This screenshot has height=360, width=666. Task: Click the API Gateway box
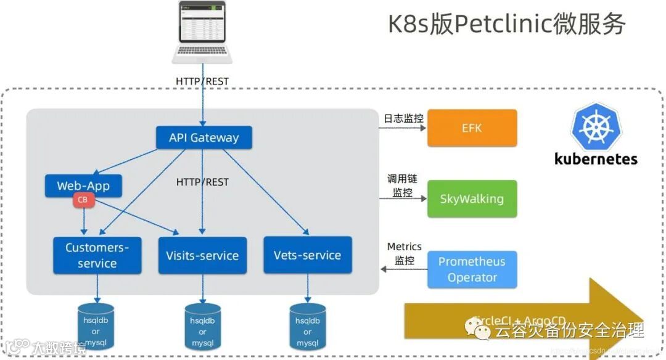(203, 137)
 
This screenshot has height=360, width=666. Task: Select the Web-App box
(83, 186)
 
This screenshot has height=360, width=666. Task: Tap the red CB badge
(82, 200)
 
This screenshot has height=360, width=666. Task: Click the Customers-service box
(97, 255)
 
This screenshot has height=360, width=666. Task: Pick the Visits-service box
(202, 255)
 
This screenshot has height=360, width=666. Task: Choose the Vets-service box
(307, 255)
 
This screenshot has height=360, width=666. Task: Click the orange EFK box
(472, 128)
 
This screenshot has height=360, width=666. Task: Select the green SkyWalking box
(472, 198)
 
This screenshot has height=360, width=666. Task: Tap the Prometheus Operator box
(472, 269)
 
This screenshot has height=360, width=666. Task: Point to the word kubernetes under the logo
(596, 158)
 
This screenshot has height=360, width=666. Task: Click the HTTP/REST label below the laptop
(202, 81)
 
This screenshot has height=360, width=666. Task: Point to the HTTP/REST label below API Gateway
(202, 182)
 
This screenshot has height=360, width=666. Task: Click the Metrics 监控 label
(404, 253)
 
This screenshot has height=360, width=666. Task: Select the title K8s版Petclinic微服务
(506, 25)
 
